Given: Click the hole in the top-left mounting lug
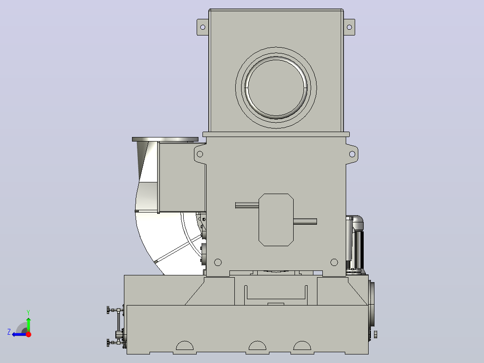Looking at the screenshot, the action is click(203, 27).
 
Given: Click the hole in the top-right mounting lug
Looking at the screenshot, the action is click(349, 27).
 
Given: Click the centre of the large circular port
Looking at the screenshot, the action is click(276, 88).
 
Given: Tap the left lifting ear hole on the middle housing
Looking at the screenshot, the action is click(200, 154).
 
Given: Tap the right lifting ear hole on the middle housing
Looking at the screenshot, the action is click(352, 154).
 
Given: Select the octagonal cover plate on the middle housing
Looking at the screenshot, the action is click(276, 220).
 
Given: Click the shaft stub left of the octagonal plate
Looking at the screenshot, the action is click(247, 205).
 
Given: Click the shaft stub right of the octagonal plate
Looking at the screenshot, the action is click(305, 221).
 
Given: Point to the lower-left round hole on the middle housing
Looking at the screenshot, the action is click(218, 262).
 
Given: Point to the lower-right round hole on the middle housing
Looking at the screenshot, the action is click(334, 262).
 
